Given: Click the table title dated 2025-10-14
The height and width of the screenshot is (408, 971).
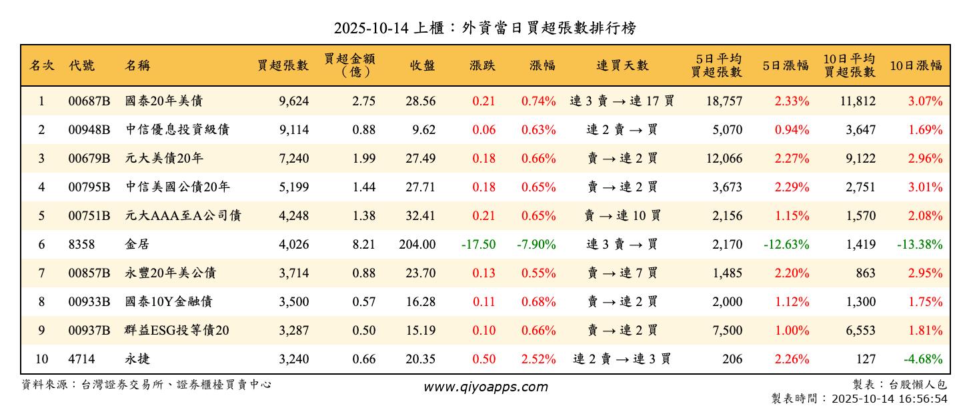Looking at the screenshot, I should coord(485,27).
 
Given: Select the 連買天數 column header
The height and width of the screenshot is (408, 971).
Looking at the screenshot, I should coord(622,65).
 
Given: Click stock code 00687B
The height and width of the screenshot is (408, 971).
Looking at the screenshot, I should coord(89,101).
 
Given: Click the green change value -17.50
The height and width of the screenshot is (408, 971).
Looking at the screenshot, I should coord(478,245).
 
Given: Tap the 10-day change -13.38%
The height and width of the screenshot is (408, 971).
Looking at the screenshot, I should coord(920,245).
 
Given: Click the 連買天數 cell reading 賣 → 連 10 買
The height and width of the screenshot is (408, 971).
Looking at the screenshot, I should coord(622,216).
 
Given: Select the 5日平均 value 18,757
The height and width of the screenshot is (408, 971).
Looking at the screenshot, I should coord(723,101).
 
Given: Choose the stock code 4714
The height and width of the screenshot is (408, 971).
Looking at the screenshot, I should coord(81,359).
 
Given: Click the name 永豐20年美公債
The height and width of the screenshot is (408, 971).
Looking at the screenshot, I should coord(170,273).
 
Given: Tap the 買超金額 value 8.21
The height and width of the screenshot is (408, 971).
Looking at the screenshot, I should coord(364,245).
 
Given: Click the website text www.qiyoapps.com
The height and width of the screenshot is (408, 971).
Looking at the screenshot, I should coord(485,387).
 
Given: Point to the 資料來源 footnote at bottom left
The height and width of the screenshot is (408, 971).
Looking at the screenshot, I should coord(147,385).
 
